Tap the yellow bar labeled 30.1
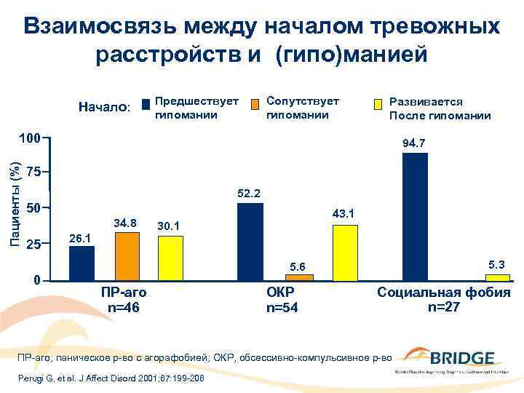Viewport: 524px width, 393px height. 170,258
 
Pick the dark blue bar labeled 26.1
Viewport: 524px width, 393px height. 82,263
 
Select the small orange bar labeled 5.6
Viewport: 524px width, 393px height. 299,277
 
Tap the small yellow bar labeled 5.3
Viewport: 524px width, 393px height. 497,277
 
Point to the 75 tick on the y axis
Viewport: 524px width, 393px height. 33,172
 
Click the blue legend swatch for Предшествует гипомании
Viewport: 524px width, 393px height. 146,104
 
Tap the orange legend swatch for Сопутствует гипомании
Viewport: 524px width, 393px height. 255,104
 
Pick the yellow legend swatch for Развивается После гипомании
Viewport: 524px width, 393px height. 377,104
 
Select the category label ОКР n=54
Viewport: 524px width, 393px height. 282,300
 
